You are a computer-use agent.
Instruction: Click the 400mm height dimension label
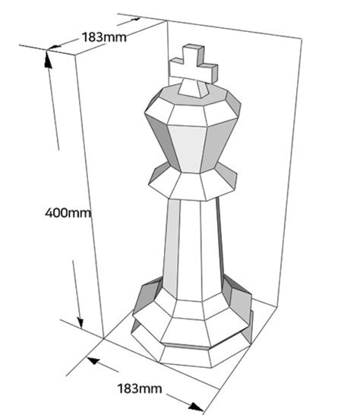point(68,213)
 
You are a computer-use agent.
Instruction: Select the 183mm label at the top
point(104,37)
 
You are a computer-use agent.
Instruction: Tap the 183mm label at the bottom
point(139,388)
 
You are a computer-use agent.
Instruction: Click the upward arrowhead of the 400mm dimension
point(48,60)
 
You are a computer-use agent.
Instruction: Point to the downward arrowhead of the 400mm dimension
point(80,323)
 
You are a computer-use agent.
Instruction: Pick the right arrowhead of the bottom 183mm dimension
point(195,407)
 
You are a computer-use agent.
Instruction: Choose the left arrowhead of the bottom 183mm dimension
point(93,360)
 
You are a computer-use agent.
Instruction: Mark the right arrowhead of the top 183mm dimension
point(136,19)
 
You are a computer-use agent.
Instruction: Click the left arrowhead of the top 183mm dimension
point(54,47)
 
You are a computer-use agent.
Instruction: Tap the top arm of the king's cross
point(194,55)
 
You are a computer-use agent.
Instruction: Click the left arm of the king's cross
point(176,68)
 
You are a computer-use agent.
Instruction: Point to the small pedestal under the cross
point(194,88)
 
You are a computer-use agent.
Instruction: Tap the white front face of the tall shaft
point(190,250)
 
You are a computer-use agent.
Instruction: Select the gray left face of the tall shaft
point(171,247)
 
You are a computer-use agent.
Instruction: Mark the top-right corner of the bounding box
point(302,39)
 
